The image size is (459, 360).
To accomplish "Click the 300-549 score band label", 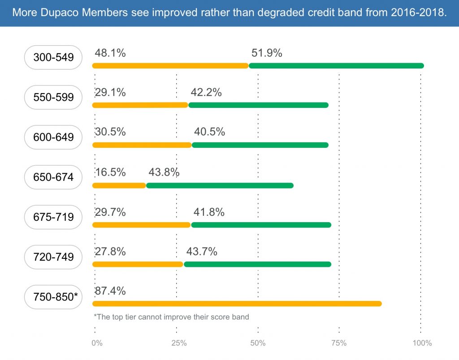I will pyautogui.click(x=53, y=57).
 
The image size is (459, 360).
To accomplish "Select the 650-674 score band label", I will pyautogui.click(x=53, y=177).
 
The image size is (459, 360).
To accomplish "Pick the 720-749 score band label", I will pyautogui.click(x=53, y=257).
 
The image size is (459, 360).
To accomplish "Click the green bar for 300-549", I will pyautogui.click(x=336, y=66).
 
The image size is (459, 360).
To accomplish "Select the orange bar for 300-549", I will pyautogui.click(x=170, y=66).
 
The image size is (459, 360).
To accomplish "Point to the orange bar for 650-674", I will pyautogui.click(x=119, y=185).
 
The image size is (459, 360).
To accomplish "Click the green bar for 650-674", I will pyautogui.click(x=220, y=185).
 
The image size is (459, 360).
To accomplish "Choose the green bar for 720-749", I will pyautogui.click(x=257, y=264).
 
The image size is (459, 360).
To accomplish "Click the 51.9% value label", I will pyautogui.click(x=267, y=53).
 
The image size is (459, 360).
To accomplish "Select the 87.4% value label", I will pyautogui.click(x=110, y=291).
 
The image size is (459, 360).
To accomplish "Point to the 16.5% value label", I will pyautogui.click(x=110, y=172).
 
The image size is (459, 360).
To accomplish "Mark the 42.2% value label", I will pyautogui.click(x=206, y=93).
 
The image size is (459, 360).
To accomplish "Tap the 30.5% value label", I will pyautogui.click(x=110, y=132).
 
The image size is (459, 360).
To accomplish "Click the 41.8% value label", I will pyautogui.click(x=209, y=212).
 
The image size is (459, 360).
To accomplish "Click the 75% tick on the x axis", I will pyautogui.click(x=339, y=343).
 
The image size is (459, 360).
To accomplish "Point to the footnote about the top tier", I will pyautogui.click(x=171, y=317).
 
